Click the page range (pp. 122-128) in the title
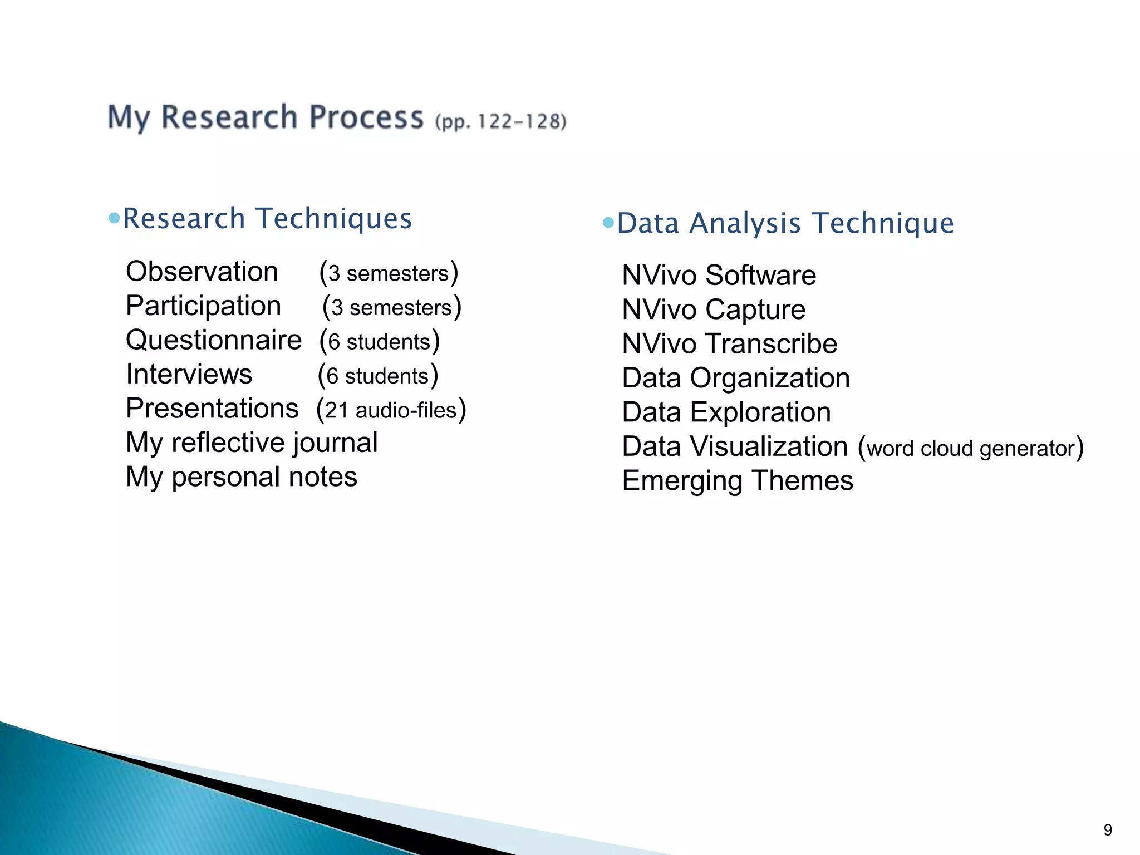(500, 121)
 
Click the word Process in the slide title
(366, 118)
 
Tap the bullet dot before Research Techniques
(115, 218)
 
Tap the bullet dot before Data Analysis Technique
(608, 223)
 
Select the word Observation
(202, 272)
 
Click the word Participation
(204, 306)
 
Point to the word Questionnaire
(214, 340)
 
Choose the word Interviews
(189, 374)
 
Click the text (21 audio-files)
(391, 410)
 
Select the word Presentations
(212, 409)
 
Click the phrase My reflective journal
(252, 443)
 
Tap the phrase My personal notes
(242, 477)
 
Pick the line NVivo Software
(719, 276)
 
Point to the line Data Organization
(736, 379)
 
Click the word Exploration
(760, 412)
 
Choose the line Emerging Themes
(738, 481)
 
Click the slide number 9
(1108, 830)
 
